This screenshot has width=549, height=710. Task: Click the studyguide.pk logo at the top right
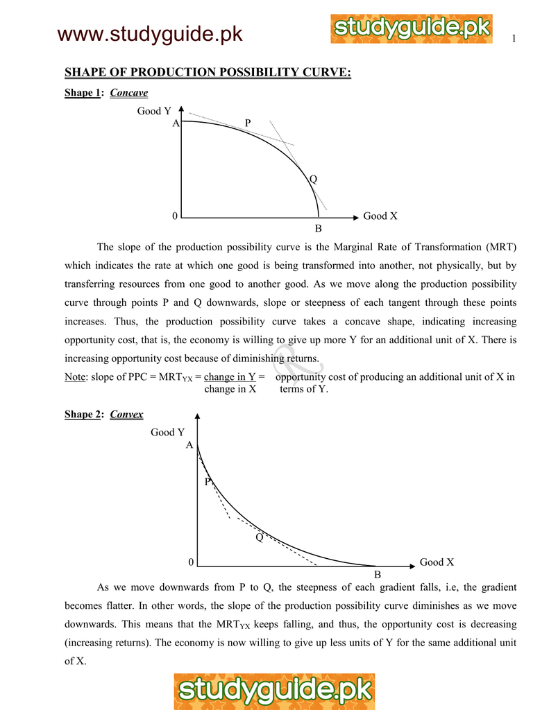pos(412,29)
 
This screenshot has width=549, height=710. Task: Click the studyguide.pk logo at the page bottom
pos(275,691)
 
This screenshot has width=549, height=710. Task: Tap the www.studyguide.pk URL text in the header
pos(150,32)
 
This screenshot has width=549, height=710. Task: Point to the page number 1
pos(514,38)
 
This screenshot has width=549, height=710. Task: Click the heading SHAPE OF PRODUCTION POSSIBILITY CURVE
pos(208,73)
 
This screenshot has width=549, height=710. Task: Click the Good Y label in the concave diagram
pos(154,111)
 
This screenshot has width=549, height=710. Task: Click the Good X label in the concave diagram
pos(380,216)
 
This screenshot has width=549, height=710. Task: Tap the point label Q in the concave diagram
pos(313,179)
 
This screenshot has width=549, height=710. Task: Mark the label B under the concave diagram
pos(318,229)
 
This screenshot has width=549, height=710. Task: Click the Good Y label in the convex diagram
pos(167,432)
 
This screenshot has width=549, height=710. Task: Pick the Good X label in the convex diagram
pos(437,562)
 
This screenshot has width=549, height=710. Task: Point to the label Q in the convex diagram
pos(260,537)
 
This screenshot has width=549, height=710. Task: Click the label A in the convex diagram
pos(189,446)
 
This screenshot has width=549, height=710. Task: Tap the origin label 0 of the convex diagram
pos(190,562)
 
